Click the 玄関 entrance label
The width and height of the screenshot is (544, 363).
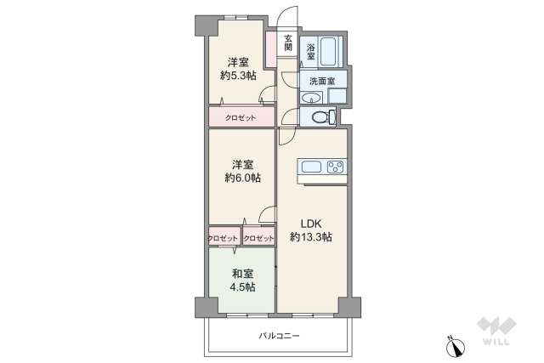coord(288,43)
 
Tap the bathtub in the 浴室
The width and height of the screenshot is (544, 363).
coord(328,51)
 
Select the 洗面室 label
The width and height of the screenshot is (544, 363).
coord(322,82)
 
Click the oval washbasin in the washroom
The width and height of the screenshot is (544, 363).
coord(312,99)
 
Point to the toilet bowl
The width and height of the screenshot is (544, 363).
coord(323,117)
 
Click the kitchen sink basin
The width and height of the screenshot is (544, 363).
coord(311,167)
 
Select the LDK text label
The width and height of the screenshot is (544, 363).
coord(311,224)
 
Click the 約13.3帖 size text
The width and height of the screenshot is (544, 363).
coord(311,237)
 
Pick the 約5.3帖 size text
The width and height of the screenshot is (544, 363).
coord(238,76)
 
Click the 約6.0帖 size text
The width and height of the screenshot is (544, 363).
coord(243,178)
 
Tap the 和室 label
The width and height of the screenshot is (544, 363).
coord(242,274)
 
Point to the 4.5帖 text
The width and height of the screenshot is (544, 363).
coord(242,287)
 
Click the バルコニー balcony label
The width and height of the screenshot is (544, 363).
coord(279,336)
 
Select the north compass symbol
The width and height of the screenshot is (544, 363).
coord(456,347)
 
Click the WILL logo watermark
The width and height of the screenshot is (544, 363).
coord(496,331)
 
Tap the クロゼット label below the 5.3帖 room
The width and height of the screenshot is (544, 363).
coord(241,117)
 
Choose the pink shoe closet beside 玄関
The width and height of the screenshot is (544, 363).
coord(271,49)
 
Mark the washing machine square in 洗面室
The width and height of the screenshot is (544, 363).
coord(337,95)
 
